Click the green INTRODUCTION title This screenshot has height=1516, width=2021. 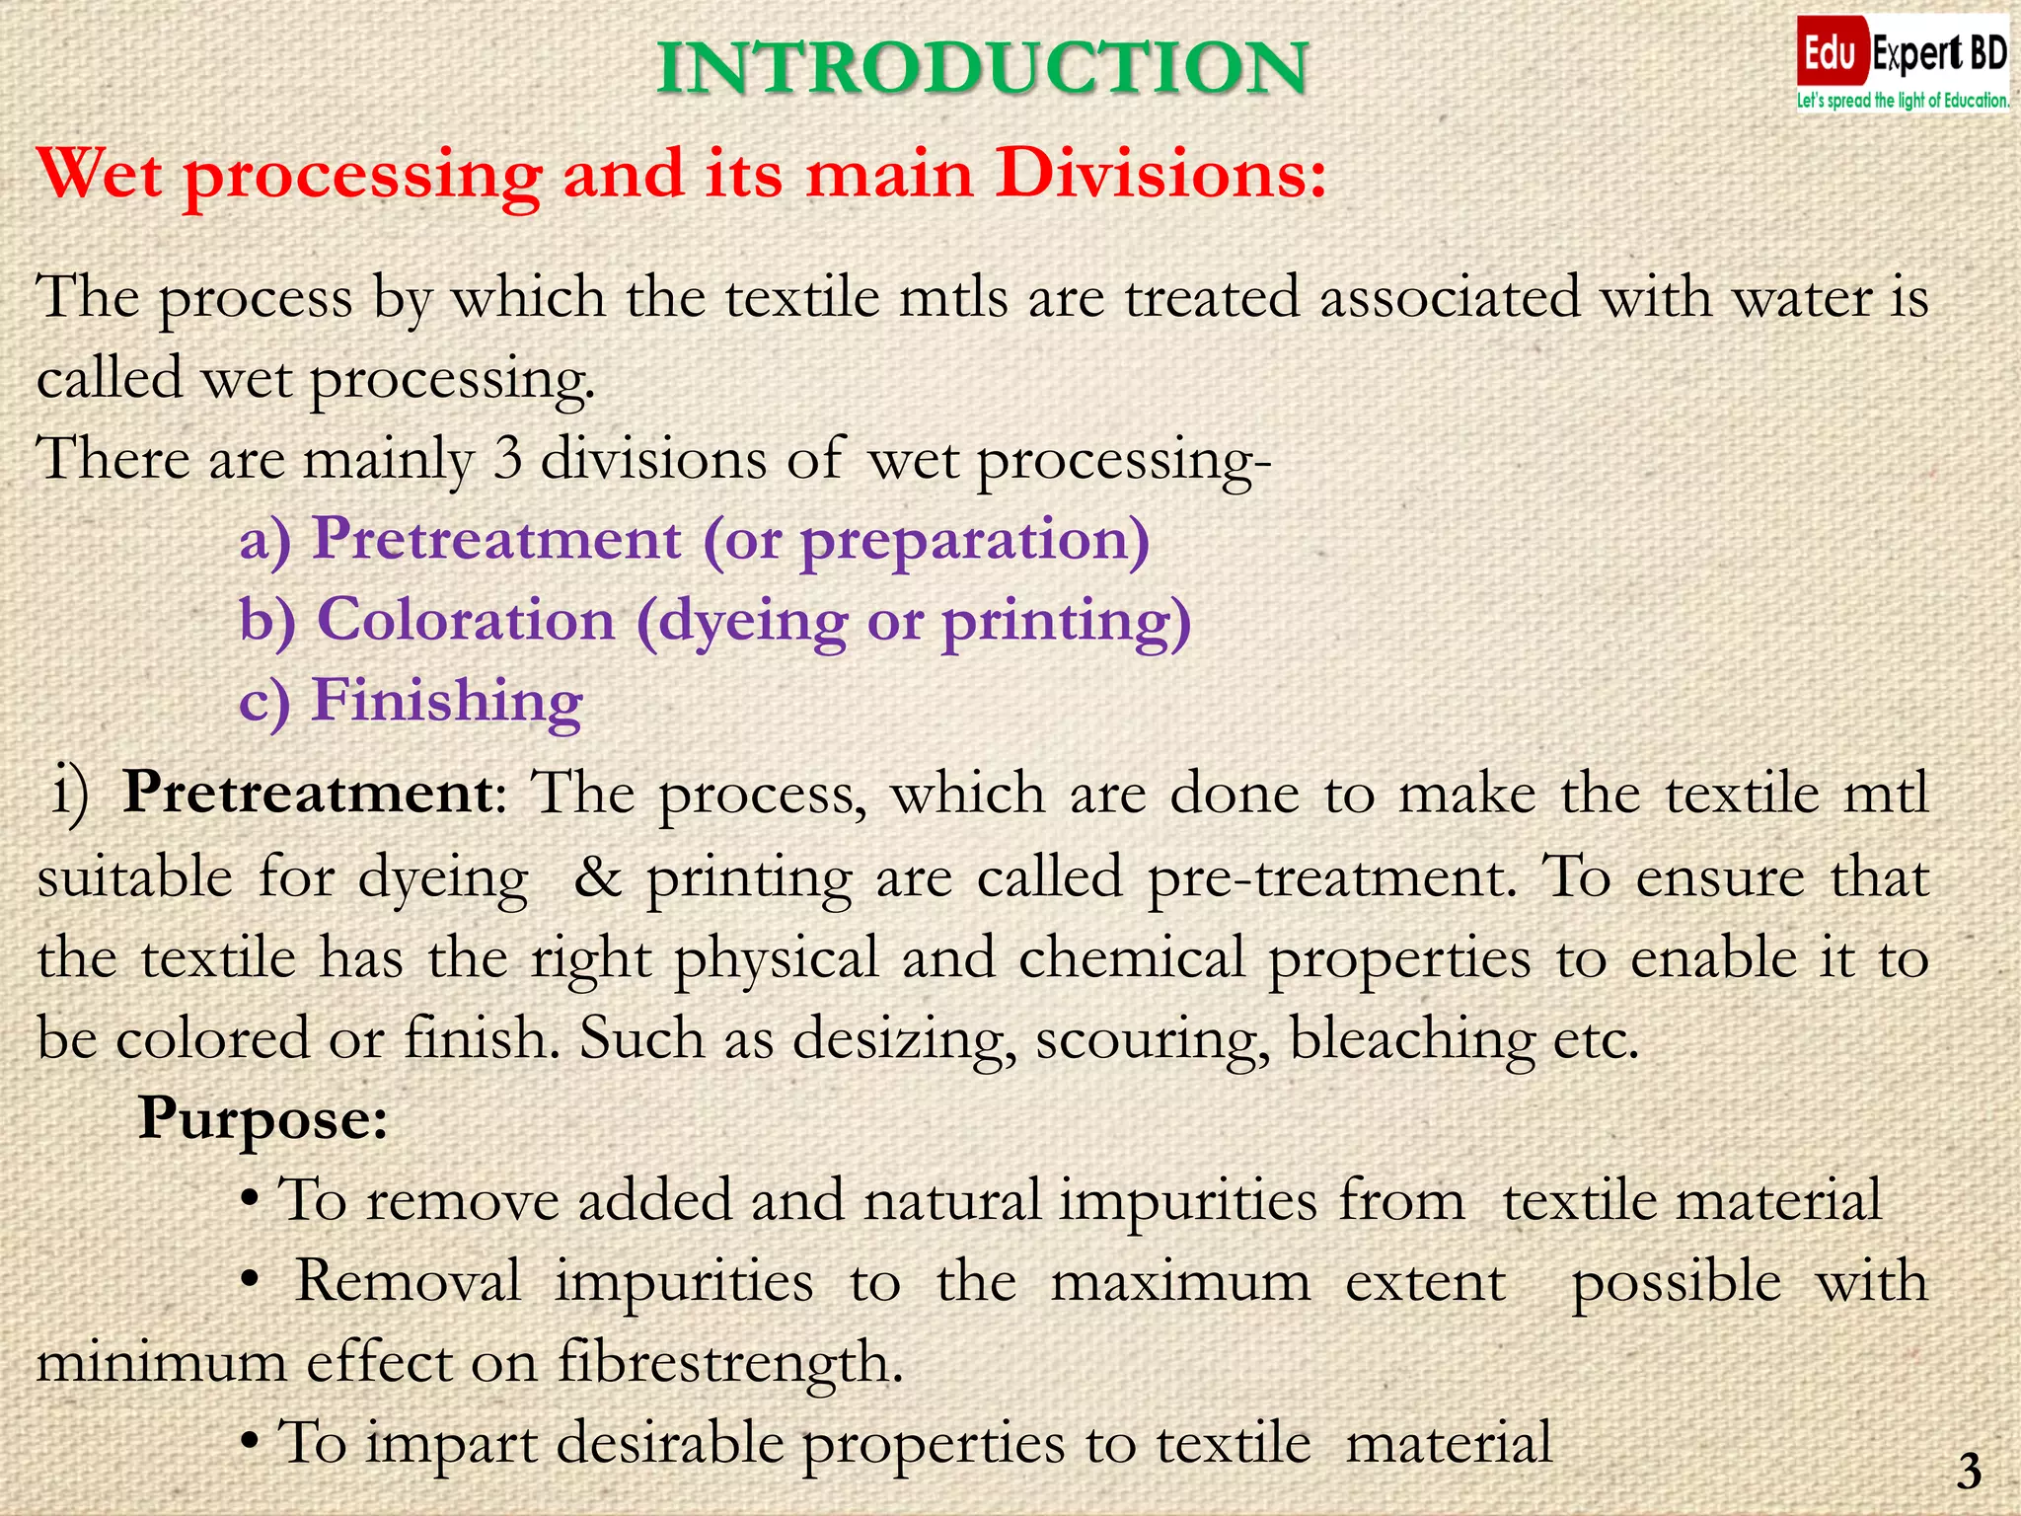coord(982,69)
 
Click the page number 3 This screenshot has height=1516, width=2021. coord(1970,1472)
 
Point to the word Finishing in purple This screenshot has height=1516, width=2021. coord(447,701)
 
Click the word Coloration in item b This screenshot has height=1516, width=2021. coord(466,620)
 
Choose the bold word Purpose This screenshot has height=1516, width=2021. coord(262,1119)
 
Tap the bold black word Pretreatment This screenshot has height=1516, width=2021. coord(308,793)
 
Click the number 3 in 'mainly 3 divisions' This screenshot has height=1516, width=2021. coord(507,459)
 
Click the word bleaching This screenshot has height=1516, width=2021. coord(1412,1040)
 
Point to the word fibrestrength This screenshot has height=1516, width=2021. coord(730,1363)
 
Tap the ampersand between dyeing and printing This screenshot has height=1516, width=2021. coord(598,877)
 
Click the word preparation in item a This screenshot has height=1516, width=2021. coord(967,541)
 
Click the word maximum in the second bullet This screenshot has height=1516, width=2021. coord(1180,1282)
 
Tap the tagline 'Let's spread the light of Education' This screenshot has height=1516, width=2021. coord(1902,101)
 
